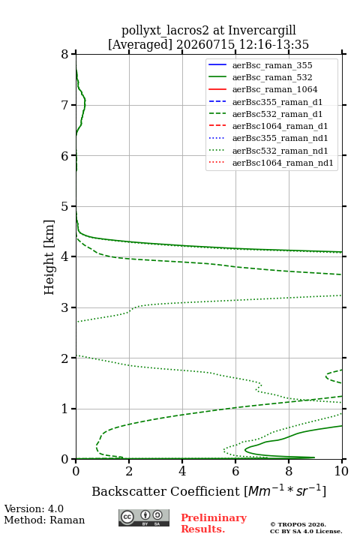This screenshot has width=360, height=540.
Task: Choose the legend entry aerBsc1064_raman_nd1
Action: click(x=271, y=163)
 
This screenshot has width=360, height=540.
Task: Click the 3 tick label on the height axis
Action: click(x=65, y=307)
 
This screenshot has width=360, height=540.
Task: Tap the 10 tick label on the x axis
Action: click(x=341, y=471)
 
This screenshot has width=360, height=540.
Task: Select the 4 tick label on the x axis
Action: click(x=182, y=471)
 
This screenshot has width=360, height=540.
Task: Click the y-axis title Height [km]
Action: click(x=49, y=257)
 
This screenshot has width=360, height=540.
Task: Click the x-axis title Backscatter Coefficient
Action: click(x=165, y=491)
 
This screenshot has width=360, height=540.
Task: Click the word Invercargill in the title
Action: click(x=262, y=31)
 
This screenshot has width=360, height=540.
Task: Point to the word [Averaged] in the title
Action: click(x=139, y=45)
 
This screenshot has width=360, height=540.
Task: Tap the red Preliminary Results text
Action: click(x=214, y=523)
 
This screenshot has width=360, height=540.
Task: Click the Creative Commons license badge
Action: click(x=144, y=517)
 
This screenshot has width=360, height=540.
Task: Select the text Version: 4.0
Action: click(x=34, y=508)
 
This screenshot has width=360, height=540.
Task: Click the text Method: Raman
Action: click(x=44, y=520)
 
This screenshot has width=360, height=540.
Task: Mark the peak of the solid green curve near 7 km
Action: click(x=85, y=103)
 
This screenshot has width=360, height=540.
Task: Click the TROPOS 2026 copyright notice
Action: click(x=298, y=524)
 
